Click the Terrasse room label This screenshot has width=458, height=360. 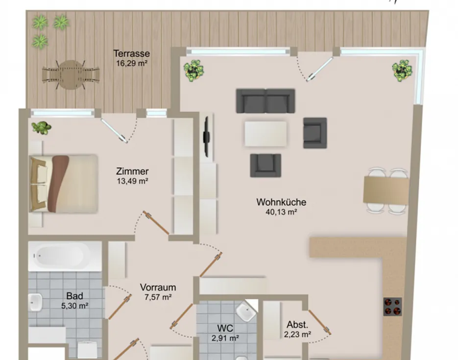click(x=131, y=54)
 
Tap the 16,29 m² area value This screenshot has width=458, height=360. click(x=131, y=63)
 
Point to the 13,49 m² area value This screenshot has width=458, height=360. click(x=133, y=181)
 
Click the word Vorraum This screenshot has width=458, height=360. click(x=158, y=288)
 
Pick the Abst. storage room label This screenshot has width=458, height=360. click(x=297, y=324)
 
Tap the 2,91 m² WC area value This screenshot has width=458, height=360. click(x=225, y=338)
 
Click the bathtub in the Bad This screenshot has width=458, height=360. click(x=65, y=256)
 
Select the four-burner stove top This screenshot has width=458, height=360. click(x=392, y=307)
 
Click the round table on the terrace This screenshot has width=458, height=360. click(x=71, y=75)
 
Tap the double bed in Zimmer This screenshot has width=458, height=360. click(x=63, y=184)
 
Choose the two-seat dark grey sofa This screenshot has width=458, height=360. click(x=265, y=101)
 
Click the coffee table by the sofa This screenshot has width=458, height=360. click(x=265, y=134)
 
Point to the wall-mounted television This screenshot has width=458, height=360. click(x=207, y=137)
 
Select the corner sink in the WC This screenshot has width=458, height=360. click(x=246, y=311)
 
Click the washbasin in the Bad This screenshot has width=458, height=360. click(x=35, y=302)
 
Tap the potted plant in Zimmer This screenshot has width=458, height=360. click(x=42, y=127)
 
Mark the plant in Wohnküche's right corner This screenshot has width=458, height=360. click(x=402, y=71)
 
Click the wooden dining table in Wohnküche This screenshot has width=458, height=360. click(x=386, y=190)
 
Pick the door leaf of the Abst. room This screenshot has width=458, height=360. click(x=319, y=322)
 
